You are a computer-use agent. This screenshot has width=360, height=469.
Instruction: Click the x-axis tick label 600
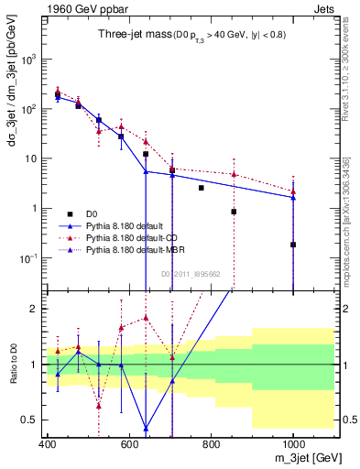[129, 444]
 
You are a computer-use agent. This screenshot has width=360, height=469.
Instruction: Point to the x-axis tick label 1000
[291, 444]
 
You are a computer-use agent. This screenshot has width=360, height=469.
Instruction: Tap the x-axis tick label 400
[48, 444]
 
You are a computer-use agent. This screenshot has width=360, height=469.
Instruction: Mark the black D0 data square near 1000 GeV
[293, 245]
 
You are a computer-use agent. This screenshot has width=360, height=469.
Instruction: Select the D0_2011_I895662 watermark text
[191, 273]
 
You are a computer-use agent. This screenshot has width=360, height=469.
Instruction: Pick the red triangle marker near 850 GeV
[235, 174]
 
